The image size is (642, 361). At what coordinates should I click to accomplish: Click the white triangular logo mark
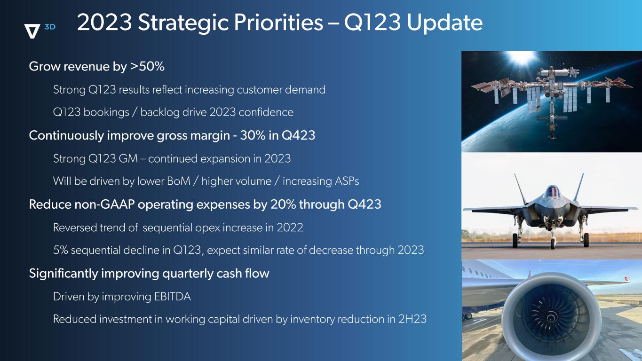coord(32,31)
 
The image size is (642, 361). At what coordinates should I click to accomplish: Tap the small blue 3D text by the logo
coord(50,27)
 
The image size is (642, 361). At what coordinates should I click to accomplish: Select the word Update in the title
coord(444,23)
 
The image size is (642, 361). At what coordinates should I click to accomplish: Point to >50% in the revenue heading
coord(147,66)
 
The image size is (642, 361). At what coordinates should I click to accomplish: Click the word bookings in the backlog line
coord(106,112)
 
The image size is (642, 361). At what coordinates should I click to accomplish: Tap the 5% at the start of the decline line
coord(61,250)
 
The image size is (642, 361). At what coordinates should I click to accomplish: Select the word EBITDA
coord(172,297)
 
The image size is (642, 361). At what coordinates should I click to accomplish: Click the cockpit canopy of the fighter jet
coord(552,191)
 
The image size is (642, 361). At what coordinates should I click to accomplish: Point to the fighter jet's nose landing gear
coord(553,238)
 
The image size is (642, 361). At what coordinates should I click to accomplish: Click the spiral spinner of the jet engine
coord(551,317)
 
